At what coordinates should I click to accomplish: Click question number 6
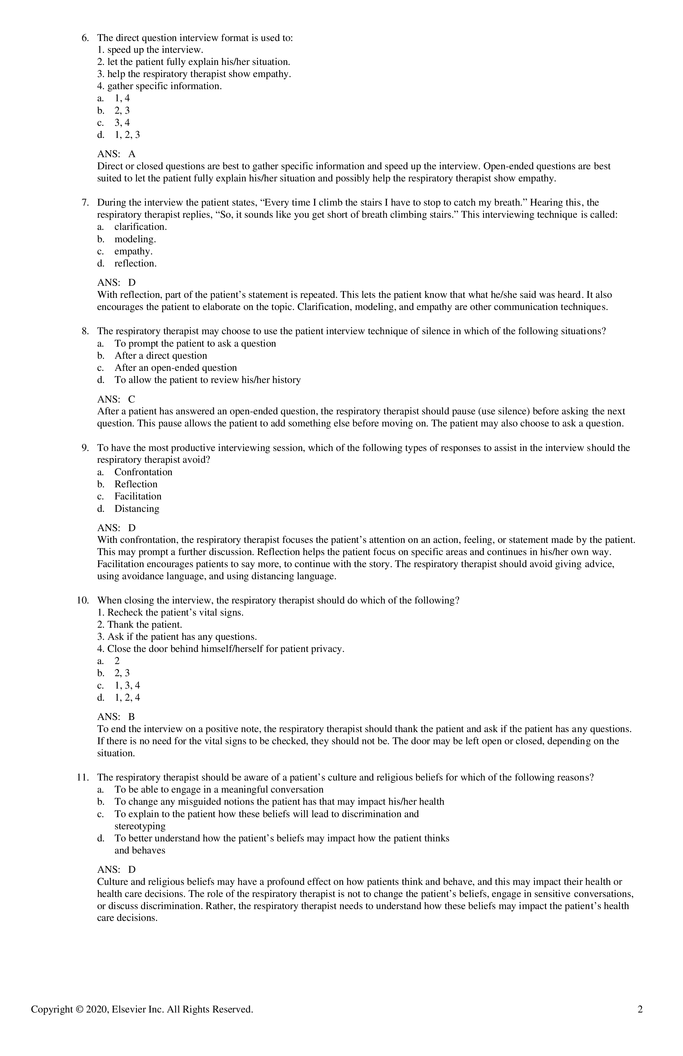coord(85,38)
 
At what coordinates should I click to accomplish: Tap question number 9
coord(85,448)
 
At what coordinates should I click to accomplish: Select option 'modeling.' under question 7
coord(135,239)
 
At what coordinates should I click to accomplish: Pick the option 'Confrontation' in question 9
coord(143,472)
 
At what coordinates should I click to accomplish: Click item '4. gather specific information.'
coord(159,86)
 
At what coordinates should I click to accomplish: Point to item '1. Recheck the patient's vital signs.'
coord(170,613)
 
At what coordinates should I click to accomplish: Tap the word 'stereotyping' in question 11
coord(140,826)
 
